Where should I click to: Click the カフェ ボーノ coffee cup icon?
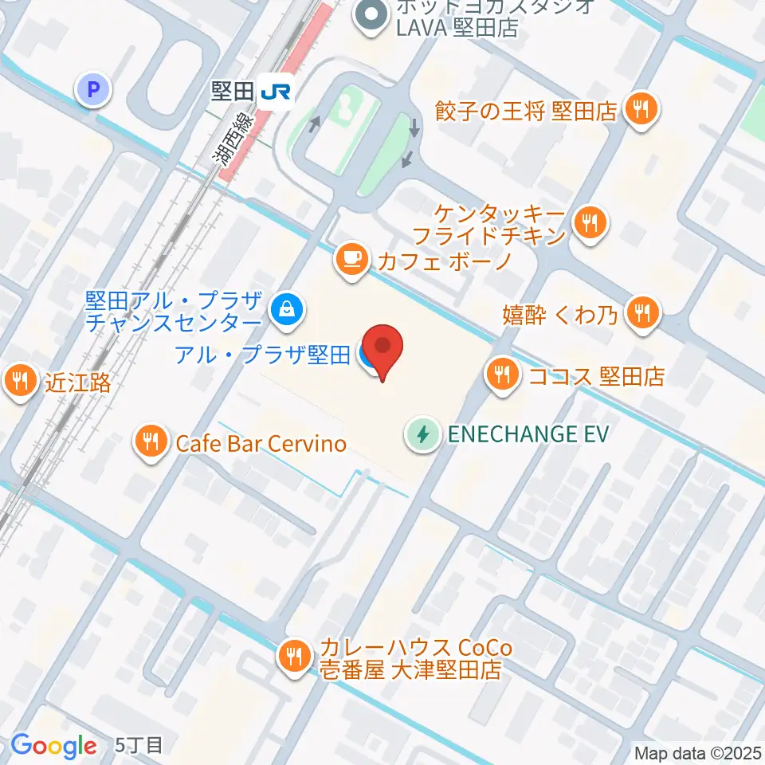pos(351,258)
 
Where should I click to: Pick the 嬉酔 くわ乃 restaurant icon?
pos(642,312)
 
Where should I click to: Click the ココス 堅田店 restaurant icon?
pos(501,372)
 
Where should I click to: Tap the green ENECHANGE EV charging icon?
pos(423,434)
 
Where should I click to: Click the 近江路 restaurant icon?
pos(20,380)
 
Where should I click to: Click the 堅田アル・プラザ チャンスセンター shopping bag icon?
pos(284,308)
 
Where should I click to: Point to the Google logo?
pos(53,746)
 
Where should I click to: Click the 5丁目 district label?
pos(139,746)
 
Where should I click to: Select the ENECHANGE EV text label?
pos(528,434)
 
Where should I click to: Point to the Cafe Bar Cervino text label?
pos(262,443)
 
